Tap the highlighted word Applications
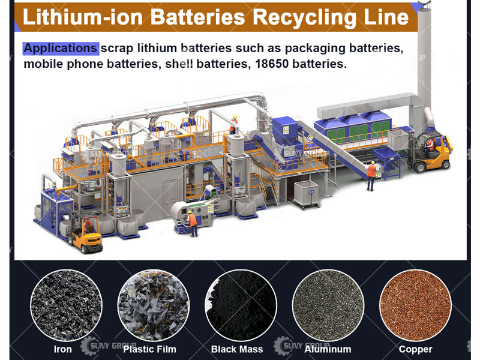(60, 48)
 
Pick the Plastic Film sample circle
(154, 305)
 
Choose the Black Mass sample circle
(241, 305)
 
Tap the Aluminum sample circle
(328, 305)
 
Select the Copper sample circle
(415, 305)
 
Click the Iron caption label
(62, 349)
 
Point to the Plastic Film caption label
(150, 349)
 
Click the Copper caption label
(415, 349)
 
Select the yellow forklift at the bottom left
(84, 234)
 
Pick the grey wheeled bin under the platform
(307, 193)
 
